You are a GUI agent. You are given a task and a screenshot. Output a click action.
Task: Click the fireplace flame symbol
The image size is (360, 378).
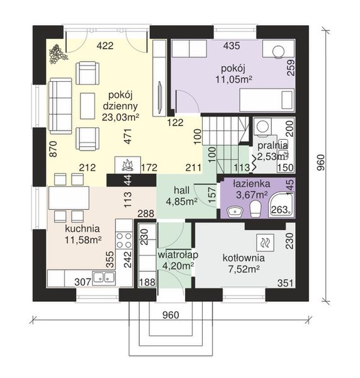click(128, 165)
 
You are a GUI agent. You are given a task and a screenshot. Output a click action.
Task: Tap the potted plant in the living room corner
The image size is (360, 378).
click(58, 54)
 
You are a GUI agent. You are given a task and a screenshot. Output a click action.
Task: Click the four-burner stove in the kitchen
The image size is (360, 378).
click(124, 240)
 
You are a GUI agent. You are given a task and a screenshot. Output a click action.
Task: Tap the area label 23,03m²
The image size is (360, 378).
click(120, 117)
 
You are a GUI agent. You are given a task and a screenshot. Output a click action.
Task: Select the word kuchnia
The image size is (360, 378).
click(82, 229)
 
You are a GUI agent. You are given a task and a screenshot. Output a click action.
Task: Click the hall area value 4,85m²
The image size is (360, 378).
click(182, 202)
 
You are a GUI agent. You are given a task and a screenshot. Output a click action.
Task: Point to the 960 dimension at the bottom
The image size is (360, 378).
click(171, 315)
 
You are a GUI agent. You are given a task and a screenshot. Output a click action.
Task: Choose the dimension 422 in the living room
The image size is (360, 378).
click(105, 45)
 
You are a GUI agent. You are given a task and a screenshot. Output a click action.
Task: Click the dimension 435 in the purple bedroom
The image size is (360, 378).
click(232, 45)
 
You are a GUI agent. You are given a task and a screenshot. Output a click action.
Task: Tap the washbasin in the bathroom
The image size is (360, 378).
click(235, 212)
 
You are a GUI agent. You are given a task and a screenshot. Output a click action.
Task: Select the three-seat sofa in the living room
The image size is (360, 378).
click(60, 106)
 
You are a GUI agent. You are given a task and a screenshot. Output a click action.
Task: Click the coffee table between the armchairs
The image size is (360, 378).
click(87, 106)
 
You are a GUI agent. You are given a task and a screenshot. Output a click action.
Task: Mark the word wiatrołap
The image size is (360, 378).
click(177, 255)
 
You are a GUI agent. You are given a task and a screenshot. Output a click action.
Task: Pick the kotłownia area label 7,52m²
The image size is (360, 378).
click(244, 269)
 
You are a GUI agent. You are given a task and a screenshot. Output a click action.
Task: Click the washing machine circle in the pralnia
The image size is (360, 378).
click(262, 125)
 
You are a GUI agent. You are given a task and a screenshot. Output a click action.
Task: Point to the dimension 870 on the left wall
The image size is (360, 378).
click(53, 149)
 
